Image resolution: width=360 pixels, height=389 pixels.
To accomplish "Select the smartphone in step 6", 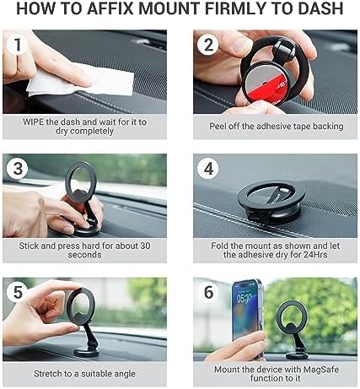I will tap(247, 316).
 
